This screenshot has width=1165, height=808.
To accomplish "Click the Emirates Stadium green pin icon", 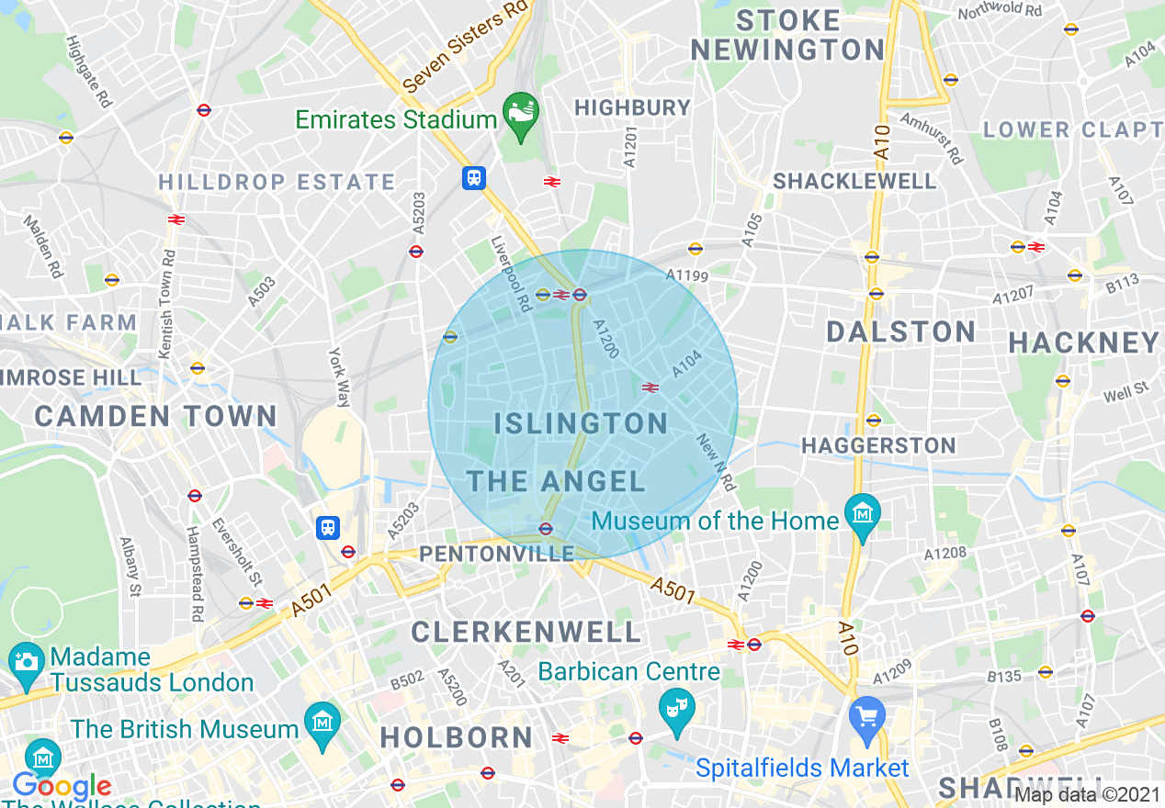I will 521,116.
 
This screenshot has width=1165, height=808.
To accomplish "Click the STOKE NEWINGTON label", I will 787,35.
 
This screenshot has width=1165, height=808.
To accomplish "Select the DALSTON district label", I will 900,331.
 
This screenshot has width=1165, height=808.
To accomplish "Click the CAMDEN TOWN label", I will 155,416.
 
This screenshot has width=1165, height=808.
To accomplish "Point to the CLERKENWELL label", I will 526,632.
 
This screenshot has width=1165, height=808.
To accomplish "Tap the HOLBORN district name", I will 457,737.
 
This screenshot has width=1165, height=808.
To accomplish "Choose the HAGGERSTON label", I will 878,446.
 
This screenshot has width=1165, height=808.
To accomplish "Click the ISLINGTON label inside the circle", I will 581,423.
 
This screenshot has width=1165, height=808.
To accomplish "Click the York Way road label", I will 341,376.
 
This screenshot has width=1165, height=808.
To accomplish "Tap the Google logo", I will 61,787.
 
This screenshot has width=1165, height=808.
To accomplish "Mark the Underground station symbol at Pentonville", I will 545,528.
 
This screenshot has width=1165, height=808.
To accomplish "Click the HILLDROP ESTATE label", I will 277,182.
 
